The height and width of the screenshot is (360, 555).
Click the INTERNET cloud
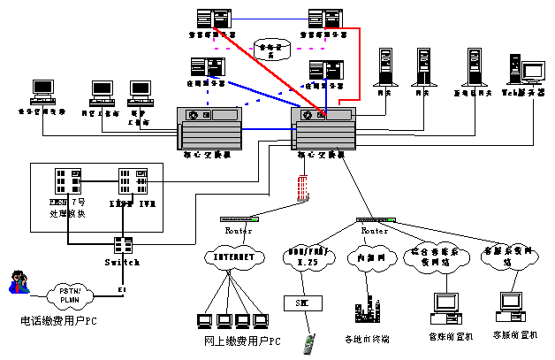[235, 258]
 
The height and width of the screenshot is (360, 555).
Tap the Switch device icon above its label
[123, 245]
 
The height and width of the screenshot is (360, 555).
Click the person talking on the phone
[18, 284]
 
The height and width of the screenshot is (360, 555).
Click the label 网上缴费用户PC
[236, 341]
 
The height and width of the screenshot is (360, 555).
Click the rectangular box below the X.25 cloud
[302, 303]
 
